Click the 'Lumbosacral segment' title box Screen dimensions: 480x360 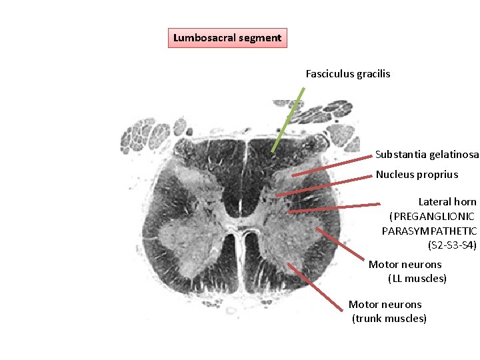[227, 38]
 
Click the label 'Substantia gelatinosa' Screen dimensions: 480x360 [427, 155]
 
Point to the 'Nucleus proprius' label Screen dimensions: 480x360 [417, 175]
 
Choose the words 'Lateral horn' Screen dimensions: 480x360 [447, 201]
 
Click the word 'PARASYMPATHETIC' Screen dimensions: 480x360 [429, 231]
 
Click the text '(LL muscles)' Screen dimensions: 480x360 [417, 279]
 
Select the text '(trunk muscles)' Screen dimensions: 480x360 [389, 319]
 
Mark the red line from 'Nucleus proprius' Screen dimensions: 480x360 [323, 185]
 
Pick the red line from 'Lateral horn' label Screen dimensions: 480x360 [333, 207]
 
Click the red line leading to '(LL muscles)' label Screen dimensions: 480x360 [340, 244]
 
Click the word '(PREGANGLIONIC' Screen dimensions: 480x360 [431, 216]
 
